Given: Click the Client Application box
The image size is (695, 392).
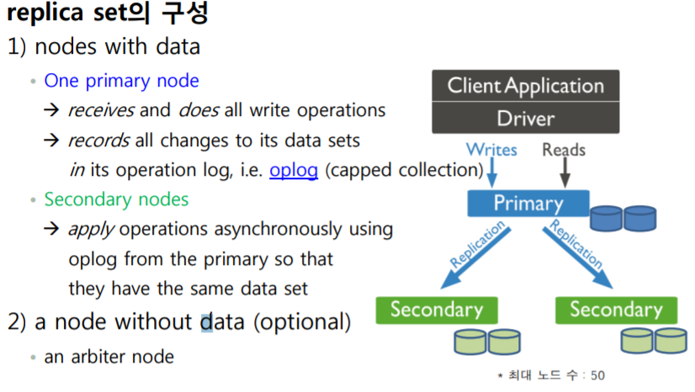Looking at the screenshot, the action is point(526,86).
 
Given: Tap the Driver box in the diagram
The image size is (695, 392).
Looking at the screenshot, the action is point(526,118).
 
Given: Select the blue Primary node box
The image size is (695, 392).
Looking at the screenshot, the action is point(528,203).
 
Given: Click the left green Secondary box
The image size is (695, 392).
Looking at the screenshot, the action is point(437,309).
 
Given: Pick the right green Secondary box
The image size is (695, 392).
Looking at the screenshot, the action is point(616,309).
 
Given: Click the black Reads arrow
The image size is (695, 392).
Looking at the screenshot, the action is point(565,172).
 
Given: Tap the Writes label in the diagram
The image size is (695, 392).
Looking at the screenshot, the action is point(491,151).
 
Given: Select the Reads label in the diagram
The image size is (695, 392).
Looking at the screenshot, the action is point(565,151).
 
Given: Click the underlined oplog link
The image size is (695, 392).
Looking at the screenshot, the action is point(294,170).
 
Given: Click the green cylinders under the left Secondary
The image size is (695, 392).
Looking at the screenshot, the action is point(486,341).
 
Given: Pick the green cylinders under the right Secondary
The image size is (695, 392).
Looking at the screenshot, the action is point(652,341).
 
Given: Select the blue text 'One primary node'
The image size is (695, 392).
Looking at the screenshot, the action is point(121,81).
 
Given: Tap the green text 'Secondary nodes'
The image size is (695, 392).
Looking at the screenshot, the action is point(116,199).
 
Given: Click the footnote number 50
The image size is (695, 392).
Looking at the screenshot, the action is point(597,375).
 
